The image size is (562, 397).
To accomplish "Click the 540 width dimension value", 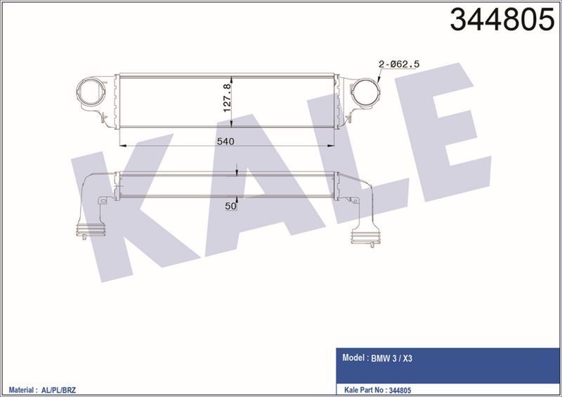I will pyautogui.click(x=225, y=141).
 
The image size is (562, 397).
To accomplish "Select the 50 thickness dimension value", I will pyautogui.click(x=230, y=206).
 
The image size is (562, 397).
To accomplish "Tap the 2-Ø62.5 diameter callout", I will pyautogui.click(x=399, y=64).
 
